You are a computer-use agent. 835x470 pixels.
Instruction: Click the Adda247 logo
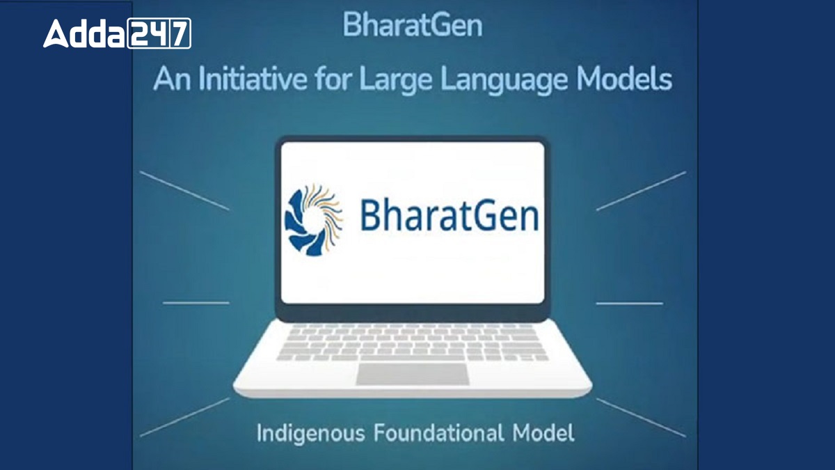pyautogui.click(x=117, y=33)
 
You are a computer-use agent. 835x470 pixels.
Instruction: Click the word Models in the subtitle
pyautogui.click(x=624, y=79)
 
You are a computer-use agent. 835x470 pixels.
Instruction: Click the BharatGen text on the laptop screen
pyautogui.click(x=449, y=215)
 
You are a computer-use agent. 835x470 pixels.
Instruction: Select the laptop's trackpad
pyautogui.click(x=411, y=374)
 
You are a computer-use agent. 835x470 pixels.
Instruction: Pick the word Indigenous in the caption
pyautogui.click(x=310, y=434)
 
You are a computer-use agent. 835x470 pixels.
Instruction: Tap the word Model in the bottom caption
pyautogui.click(x=543, y=433)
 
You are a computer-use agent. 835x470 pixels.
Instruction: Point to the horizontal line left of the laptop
pyautogui.click(x=196, y=303)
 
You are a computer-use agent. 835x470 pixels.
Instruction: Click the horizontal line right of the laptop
pyautogui.click(x=629, y=303)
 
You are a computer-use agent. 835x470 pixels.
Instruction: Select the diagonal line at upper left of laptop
pyautogui.click(x=184, y=191)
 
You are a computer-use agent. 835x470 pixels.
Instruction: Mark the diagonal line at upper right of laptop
pyautogui.click(x=641, y=191)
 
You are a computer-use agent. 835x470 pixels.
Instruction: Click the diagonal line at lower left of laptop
pyautogui.click(x=184, y=417)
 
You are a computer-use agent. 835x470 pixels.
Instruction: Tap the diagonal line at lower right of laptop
pyautogui.click(x=641, y=417)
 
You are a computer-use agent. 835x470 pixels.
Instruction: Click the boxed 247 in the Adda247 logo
pyautogui.click(x=159, y=33)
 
